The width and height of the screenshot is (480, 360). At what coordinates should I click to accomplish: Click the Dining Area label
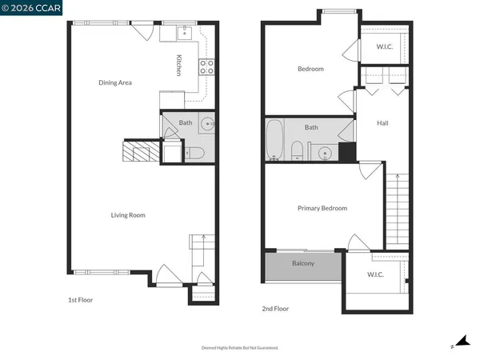coord(114,82)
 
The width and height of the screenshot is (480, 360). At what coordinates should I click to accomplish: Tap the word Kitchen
coord(179,65)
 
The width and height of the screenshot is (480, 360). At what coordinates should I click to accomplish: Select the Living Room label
coord(127,214)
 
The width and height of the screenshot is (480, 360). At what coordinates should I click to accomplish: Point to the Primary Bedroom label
coord(322,208)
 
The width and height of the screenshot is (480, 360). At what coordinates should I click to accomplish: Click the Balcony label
coord(303,263)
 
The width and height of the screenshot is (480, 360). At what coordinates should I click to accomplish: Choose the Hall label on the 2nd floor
coord(382,122)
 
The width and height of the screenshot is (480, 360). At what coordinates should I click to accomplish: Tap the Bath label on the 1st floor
coord(186,122)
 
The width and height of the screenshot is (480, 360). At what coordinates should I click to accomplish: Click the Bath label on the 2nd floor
coord(311,127)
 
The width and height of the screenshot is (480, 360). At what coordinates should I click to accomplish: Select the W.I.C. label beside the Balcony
coord(375,274)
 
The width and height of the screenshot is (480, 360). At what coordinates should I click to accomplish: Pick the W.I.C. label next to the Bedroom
coord(385,46)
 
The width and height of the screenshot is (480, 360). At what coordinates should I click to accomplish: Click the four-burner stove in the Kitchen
coord(206,66)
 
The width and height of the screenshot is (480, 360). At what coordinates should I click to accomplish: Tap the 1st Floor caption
coord(81,301)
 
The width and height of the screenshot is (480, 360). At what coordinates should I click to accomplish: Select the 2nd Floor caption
coord(275,308)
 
